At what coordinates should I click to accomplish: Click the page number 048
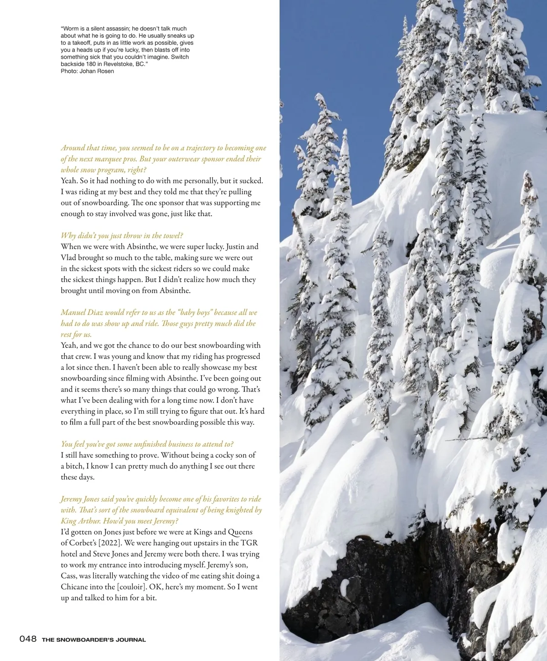[x=28, y=639]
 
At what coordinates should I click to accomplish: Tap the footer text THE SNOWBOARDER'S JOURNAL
[x=94, y=640]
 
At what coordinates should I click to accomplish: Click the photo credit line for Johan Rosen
[x=87, y=71]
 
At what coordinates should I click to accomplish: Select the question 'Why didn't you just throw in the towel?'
[x=122, y=236]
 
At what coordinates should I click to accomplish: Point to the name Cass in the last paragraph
[x=69, y=576]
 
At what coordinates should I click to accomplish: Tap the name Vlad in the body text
[x=68, y=258]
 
